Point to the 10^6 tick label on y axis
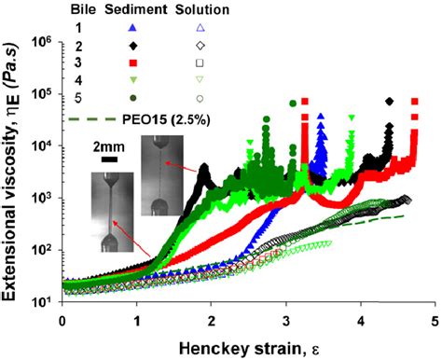click(42, 42)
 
